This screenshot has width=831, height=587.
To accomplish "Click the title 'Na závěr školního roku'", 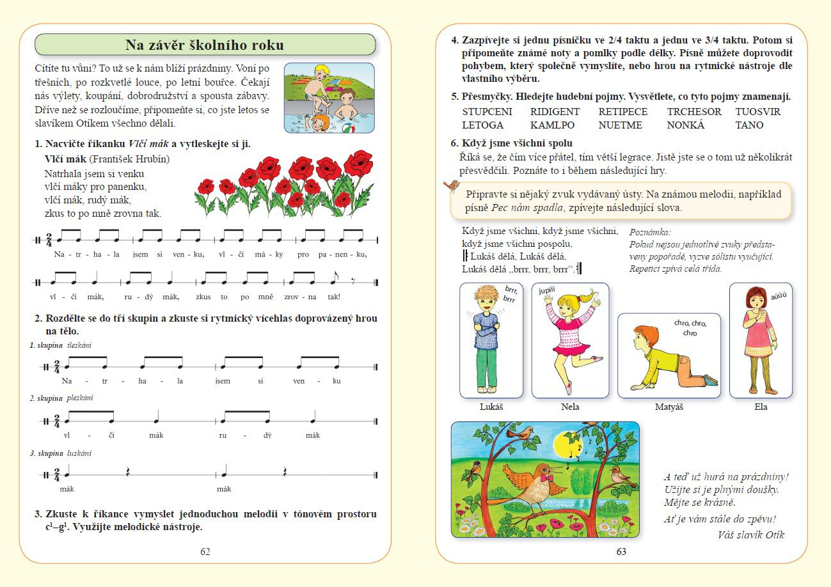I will (x=205, y=45).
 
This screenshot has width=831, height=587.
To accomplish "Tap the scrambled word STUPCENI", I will (x=487, y=112).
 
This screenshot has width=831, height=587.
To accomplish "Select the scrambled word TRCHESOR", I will (x=693, y=112).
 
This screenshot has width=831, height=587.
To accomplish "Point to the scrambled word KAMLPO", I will (x=552, y=125).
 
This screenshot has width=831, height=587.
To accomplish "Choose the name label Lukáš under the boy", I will (x=491, y=407).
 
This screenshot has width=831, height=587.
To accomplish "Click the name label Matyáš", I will (x=669, y=407).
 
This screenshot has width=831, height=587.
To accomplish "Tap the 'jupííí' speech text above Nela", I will (x=547, y=290).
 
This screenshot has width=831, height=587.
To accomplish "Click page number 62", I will (x=205, y=551).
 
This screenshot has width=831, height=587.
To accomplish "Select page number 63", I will (x=621, y=551).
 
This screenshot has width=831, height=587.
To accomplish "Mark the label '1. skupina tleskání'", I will (x=61, y=345).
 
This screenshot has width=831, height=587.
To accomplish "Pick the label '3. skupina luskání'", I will (x=61, y=453).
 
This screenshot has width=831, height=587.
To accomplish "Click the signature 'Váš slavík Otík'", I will (x=751, y=535).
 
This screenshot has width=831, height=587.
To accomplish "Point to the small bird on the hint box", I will (x=452, y=185).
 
